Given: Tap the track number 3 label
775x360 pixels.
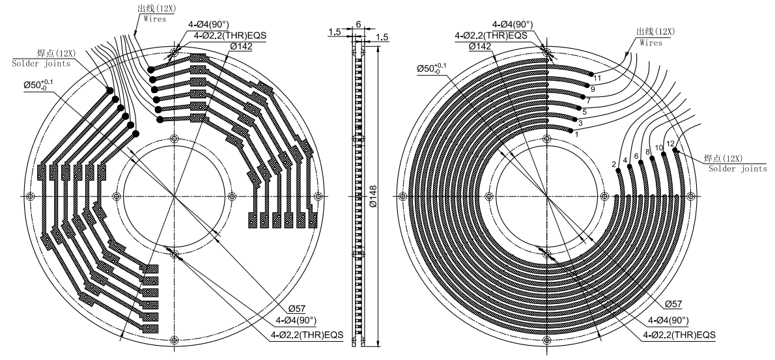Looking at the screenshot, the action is click(x=580, y=123).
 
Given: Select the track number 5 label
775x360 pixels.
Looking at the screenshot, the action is click(x=584, y=112).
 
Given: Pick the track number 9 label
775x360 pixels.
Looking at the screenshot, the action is click(x=593, y=89).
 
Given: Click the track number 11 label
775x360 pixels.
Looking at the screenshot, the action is click(x=598, y=78).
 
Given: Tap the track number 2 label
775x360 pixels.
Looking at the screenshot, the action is click(x=614, y=165).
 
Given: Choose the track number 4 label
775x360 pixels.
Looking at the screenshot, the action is click(x=625, y=160).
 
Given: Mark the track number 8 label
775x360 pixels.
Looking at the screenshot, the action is click(x=647, y=152).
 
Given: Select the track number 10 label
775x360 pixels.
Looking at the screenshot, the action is click(x=658, y=148).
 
